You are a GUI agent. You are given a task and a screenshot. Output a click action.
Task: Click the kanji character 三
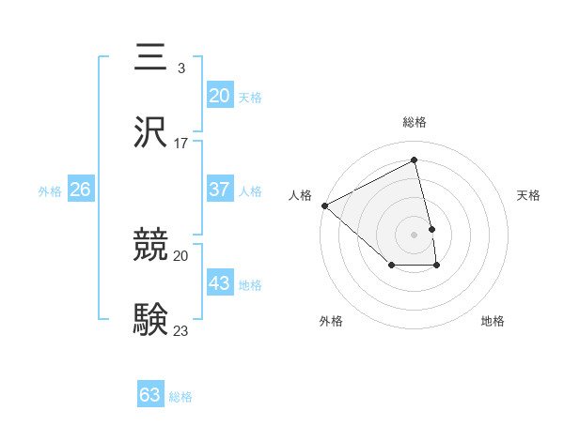[x=150, y=57]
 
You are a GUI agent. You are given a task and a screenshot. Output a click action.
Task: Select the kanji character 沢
[x=150, y=132]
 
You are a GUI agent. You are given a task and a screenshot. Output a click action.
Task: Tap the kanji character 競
[x=150, y=246]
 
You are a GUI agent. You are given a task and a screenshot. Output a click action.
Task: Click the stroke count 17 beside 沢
[x=181, y=144]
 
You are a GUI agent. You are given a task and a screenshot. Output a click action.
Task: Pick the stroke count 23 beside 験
[x=181, y=331]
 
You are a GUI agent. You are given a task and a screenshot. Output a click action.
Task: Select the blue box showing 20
[x=219, y=95]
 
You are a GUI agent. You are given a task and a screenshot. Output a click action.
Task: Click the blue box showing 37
[x=219, y=190]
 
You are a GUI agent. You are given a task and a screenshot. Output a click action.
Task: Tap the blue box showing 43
[x=219, y=283]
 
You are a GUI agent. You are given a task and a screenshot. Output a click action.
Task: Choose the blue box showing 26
[x=80, y=190]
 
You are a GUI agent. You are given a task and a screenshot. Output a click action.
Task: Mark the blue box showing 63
[x=150, y=395]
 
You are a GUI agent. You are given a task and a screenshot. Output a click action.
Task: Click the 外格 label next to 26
[x=50, y=191]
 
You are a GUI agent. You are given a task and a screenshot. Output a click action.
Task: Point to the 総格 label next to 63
[x=180, y=397]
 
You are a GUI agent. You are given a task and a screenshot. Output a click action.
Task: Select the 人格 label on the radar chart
[x=300, y=195]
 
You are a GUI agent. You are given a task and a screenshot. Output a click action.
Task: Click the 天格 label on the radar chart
[x=529, y=195]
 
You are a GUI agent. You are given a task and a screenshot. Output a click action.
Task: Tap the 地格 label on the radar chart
[x=493, y=321]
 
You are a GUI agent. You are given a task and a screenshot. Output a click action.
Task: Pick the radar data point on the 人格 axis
[x=324, y=205]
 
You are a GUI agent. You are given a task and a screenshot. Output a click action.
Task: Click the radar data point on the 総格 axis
[x=415, y=161]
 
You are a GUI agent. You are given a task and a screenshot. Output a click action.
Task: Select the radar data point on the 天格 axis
[x=432, y=229]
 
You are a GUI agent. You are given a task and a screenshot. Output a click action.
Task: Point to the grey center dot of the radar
[x=415, y=235]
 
